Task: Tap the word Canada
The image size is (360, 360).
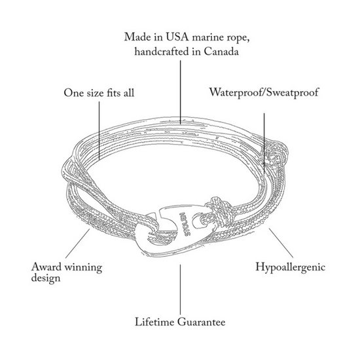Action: tap(221, 52)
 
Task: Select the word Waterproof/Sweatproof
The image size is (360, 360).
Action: tap(264, 93)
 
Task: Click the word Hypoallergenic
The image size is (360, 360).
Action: tap(291, 268)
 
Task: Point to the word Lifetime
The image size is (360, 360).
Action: tap(154, 321)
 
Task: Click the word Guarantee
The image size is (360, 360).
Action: tap(202, 321)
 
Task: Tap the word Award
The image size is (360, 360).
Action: tap(46, 267)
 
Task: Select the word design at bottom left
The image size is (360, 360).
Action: tap(46, 278)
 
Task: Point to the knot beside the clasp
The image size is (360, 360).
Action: tap(217, 210)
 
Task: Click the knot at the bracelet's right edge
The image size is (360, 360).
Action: tap(275, 154)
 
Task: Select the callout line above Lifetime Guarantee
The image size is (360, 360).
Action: tap(180, 289)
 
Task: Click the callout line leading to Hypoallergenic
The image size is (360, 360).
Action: tap(281, 243)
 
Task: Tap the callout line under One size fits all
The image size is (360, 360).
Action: tap(99, 130)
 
